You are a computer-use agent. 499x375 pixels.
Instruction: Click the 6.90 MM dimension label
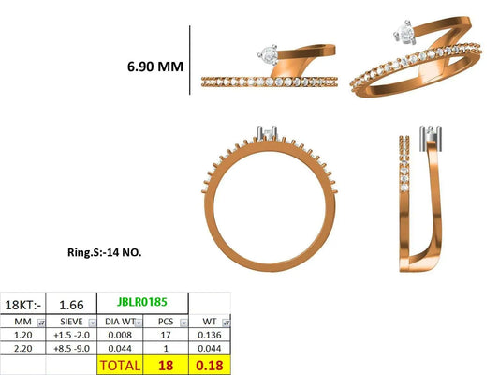coord(155,67)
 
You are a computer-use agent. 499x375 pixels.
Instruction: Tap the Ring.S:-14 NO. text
coord(104,252)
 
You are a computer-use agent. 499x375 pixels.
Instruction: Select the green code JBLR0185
coord(142,301)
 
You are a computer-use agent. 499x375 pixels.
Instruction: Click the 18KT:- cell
coord(23,305)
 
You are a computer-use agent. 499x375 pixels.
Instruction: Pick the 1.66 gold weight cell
coord(71,305)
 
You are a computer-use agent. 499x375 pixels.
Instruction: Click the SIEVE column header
coord(71,322)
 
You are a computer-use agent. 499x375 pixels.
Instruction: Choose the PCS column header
coord(166,322)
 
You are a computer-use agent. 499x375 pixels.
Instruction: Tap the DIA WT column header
coord(120,322)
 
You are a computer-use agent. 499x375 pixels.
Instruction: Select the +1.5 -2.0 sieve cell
coord(71,335)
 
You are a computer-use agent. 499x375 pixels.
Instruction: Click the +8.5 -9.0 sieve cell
coord(71,348)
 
